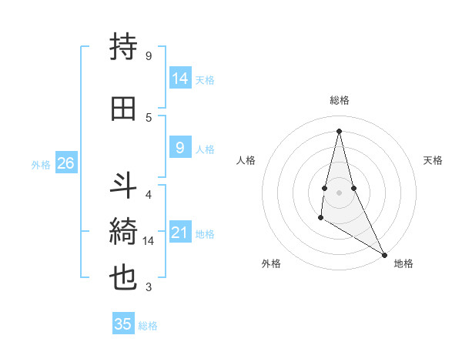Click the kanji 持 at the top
pos(124,48)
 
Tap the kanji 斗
pos(124,186)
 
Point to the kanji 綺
pos(124,231)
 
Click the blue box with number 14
pos(180,79)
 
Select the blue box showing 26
pos(65,163)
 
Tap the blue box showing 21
pos(180,233)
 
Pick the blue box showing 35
pos(123,324)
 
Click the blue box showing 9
pos(179,148)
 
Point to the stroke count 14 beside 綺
pos(149,241)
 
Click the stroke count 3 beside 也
pos(149,287)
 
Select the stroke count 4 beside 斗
pos(149,195)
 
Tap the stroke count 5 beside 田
pos(149,117)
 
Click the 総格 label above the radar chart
pos(339,100)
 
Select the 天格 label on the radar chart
pos(434,160)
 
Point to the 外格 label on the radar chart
pos(271,263)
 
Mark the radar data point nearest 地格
pos(385,255)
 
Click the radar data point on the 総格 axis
pos(339,130)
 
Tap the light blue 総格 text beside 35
pos(148,326)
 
